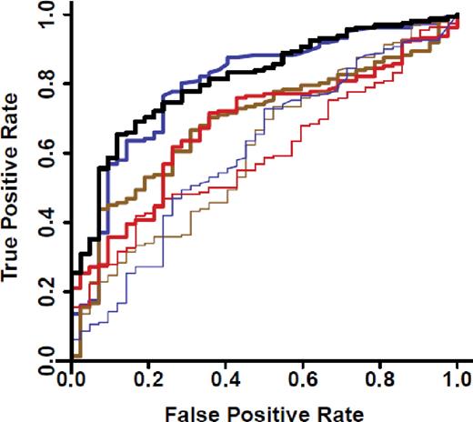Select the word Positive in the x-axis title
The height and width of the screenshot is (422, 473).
click(x=265, y=408)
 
